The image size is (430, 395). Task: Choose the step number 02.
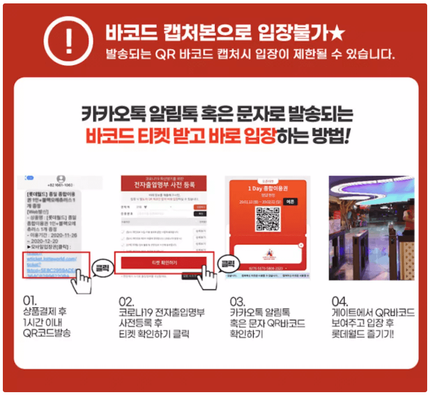127,299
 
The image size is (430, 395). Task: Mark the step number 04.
340,299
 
